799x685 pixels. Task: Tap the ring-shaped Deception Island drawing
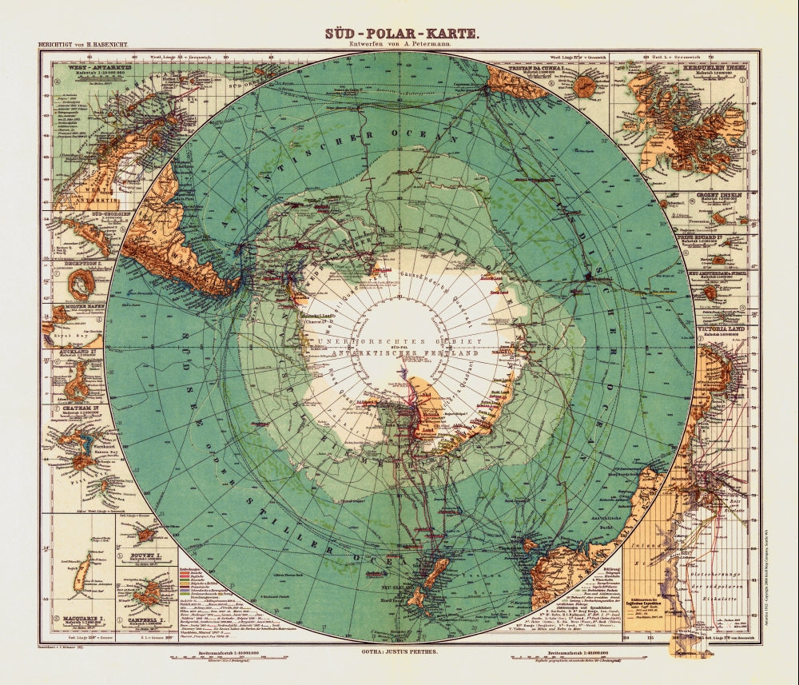point(80,283)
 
